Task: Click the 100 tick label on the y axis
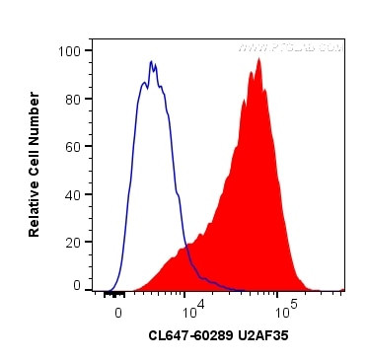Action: click(69, 49)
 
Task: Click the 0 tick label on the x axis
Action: click(118, 310)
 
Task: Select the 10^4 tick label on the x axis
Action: click(192, 308)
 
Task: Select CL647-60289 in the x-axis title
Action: click(191, 336)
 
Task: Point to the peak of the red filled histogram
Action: click(258, 59)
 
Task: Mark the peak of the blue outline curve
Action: click(152, 61)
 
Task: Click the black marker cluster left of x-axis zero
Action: click(113, 293)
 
